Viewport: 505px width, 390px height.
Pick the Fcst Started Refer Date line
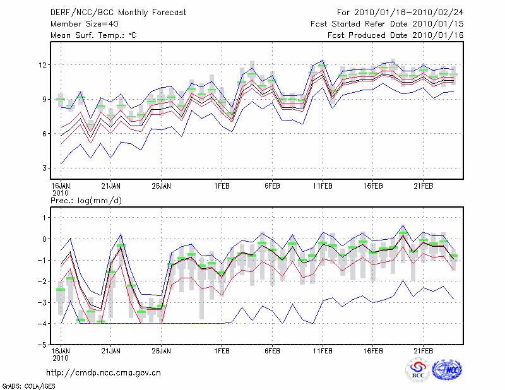[x=388, y=23]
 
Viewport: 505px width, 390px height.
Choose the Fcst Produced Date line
[x=396, y=35]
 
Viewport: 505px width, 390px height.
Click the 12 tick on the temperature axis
[x=43, y=65]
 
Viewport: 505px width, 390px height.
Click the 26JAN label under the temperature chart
[x=162, y=186]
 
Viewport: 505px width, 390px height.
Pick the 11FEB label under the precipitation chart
[x=323, y=351]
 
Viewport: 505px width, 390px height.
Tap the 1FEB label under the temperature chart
[x=222, y=186]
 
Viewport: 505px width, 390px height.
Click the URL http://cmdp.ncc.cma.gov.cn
[x=104, y=372]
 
